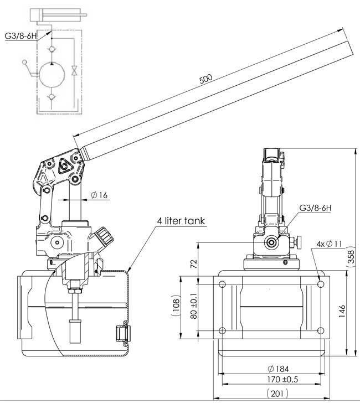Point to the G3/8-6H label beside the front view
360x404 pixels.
click(315, 208)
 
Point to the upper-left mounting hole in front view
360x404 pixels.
click(222, 284)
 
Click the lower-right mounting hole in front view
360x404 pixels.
click(320, 331)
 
